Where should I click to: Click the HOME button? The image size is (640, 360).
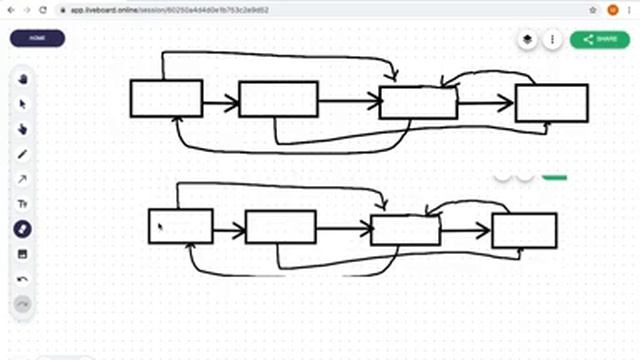[x=37, y=38]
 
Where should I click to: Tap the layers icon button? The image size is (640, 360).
[x=527, y=39]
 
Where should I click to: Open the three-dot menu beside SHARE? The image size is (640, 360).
[x=552, y=39]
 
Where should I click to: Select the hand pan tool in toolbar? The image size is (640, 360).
[x=22, y=79]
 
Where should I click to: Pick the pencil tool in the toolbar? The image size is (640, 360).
[x=22, y=154]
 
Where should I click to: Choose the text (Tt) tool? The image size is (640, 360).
[x=22, y=204]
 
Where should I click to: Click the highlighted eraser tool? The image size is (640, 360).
[x=22, y=229]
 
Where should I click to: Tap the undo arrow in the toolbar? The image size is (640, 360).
[x=22, y=279]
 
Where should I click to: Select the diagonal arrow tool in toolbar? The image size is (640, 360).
[x=22, y=179]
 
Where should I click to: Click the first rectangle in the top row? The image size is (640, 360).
[x=166, y=99]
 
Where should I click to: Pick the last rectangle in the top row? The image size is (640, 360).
[x=551, y=103]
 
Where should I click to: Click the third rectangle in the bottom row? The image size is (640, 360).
[x=405, y=230]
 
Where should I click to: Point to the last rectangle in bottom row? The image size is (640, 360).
[x=524, y=230]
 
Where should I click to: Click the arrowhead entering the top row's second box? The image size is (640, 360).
[x=233, y=102]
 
